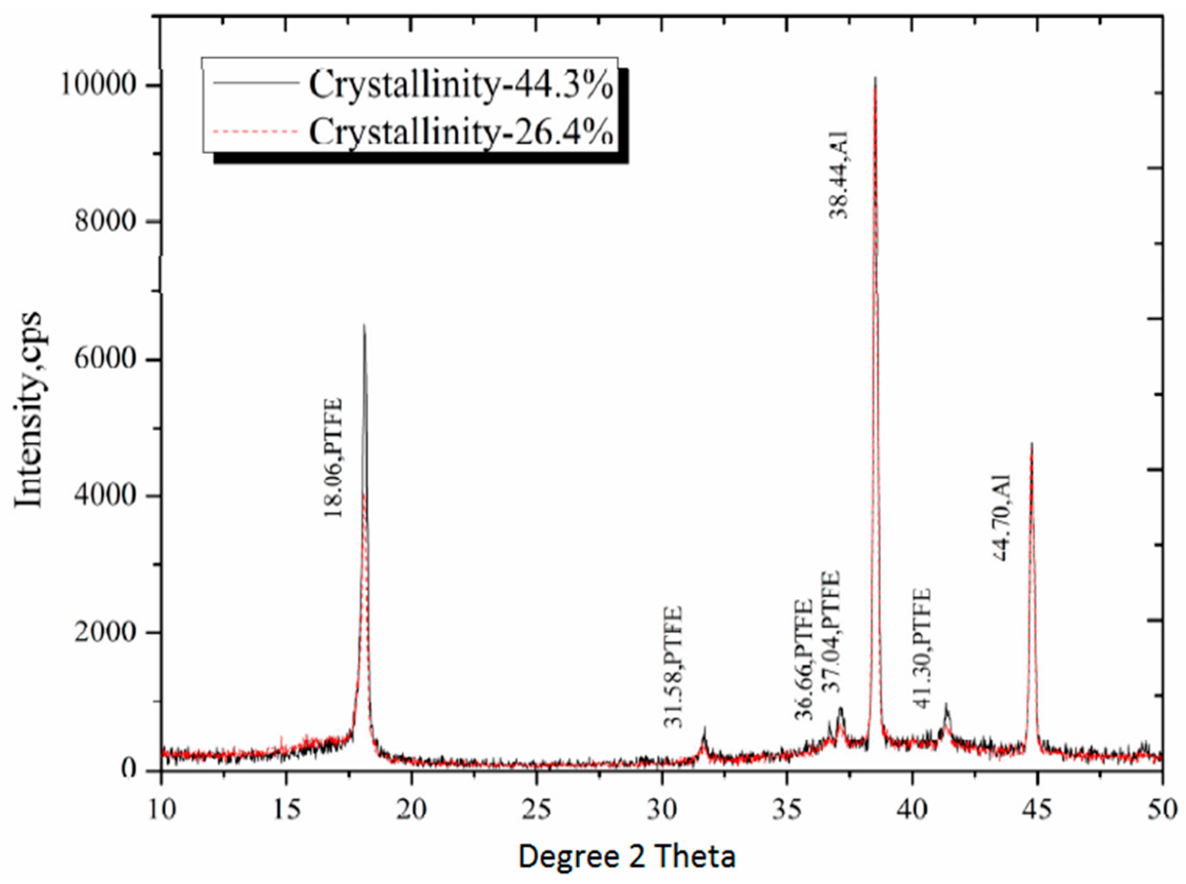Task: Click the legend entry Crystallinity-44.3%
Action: (460, 86)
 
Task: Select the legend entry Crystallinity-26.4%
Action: (460, 131)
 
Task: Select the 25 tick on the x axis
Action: (536, 809)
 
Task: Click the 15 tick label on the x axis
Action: (286, 809)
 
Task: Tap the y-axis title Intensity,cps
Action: (28, 410)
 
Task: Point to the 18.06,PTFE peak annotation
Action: (333, 458)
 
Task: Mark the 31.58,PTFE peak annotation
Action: (673, 666)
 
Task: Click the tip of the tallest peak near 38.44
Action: (875, 78)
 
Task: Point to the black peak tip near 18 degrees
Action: (364, 325)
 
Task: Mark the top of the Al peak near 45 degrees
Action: (1031, 443)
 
